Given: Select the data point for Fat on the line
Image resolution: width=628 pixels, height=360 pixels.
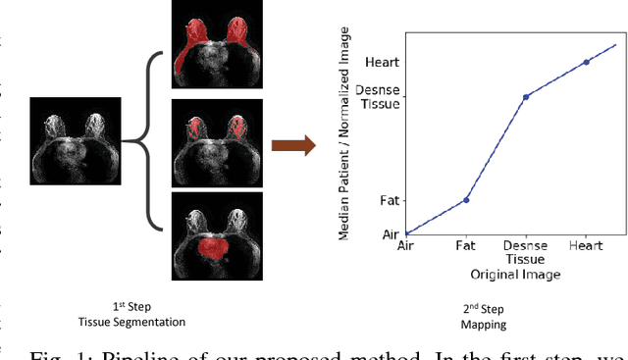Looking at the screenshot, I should pyautogui.click(x=466, y=200).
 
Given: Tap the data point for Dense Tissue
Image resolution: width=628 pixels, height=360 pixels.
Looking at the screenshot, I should pyautogui.click(x=526, y=96).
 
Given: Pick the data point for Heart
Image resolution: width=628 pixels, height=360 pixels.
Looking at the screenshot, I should pyautogui.click(x=586, y=62).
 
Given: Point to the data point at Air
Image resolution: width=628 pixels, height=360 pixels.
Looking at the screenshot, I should pyautogui.click(x=406, y=233).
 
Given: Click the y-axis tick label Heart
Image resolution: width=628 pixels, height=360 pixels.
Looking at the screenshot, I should pyautogui.click(x=382, y=62).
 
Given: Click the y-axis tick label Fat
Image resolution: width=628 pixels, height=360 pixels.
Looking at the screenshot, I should pyautogui.click(x=390, y=200).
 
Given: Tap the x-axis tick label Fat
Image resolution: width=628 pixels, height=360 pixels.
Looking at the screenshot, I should pyautogui.click(x=466, y=245).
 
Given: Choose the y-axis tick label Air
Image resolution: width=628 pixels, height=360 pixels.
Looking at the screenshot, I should pyautogui.click(x=391, y=233).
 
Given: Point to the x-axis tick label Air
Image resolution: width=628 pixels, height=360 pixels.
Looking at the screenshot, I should pyautogui.click(x=406, y=245).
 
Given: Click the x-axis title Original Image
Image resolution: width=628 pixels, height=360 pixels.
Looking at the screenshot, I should pyautogui.click(x=514, y=275).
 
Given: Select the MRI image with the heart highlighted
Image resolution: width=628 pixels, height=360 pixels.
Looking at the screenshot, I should pyautogui.click(x=216, y=236).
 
